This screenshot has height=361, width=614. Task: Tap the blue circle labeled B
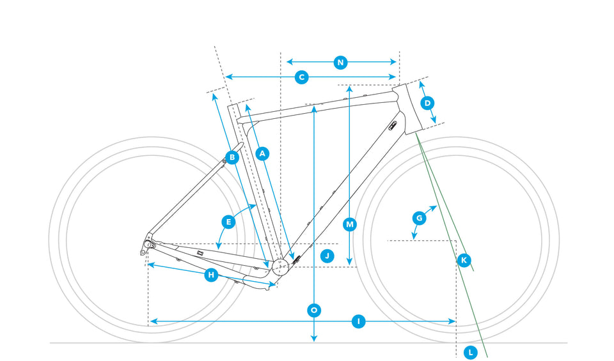tap(232, 157)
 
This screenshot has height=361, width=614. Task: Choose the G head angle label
tap(419, 218)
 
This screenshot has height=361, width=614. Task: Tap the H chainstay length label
tap(210, 275)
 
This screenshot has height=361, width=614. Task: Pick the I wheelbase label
tap(358, 321)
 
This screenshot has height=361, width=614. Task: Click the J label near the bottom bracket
tap(327, 255)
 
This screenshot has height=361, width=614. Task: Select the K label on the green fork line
tap(464, 259)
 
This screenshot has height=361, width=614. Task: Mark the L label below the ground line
tap(470, 352)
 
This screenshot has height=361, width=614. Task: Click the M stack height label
tap(349, 224)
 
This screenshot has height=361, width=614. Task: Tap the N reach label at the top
tap(340, 62)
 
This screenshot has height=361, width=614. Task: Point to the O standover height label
tap(313, 311)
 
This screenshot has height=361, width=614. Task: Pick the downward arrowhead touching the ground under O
tap(313, 339)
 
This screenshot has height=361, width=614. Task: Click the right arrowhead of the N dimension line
tap(395, 62)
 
